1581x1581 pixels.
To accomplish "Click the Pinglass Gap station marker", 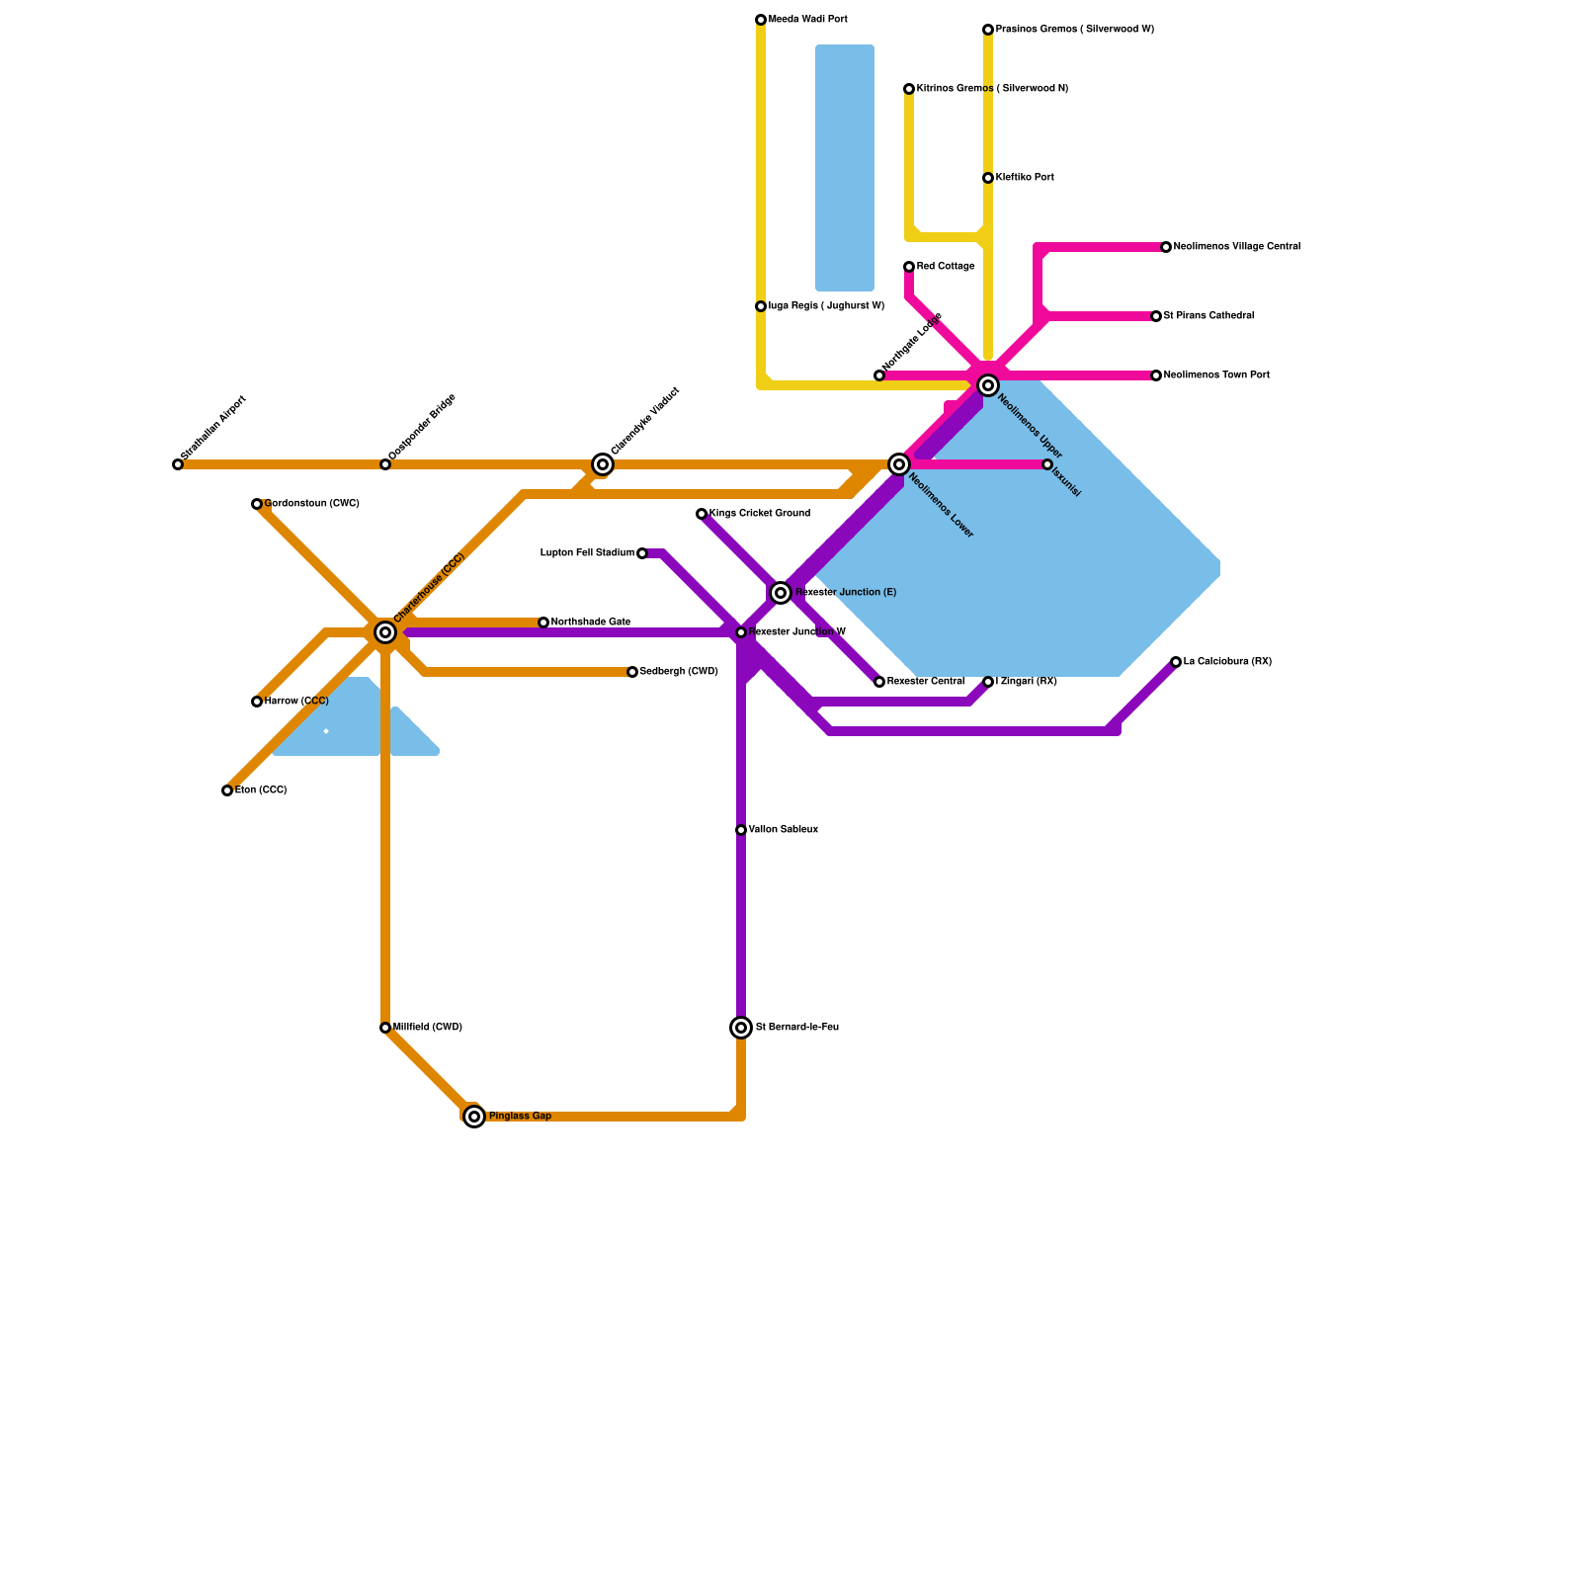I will click(474, 1117).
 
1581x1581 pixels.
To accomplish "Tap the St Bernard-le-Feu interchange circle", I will click(741, 1028).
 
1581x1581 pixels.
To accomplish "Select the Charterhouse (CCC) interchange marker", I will click(385, 632).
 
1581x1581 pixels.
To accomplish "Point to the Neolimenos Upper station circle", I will click(988, 385).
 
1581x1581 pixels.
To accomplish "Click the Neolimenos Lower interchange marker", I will click(899, 464).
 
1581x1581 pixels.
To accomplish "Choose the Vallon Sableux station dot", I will click(741, 830).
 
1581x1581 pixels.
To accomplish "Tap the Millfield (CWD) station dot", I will click(385, 1028).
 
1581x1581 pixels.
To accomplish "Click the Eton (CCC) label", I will click(261, 790).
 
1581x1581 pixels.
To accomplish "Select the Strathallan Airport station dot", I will click(178, 464).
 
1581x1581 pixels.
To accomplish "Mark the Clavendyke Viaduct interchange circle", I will click(603, 464).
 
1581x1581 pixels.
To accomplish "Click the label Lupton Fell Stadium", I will click(587, 553).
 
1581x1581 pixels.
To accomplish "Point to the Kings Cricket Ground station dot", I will click(702, 514).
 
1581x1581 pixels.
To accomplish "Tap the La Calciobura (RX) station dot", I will click(1176, 662).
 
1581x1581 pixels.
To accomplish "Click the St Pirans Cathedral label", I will click(1208, 316).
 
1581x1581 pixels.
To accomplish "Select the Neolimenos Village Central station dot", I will click(1166, 247).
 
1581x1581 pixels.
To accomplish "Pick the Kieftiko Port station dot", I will click(988, 178).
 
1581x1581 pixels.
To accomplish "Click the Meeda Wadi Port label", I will click(807, 20).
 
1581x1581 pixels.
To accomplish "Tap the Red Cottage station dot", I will click(909, 267).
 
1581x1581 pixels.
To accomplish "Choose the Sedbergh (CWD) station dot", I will click(632, 672).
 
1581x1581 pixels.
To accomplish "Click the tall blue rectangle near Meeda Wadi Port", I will click(845, 168).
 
